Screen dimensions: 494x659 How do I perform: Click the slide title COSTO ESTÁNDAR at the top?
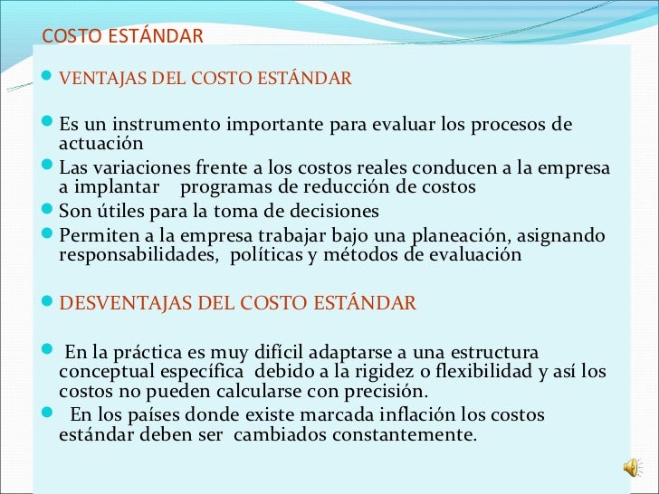coord(123,36)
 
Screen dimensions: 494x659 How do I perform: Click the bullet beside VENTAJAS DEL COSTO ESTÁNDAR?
coord(49,78)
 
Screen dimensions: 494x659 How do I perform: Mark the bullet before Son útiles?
coord(49,211)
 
